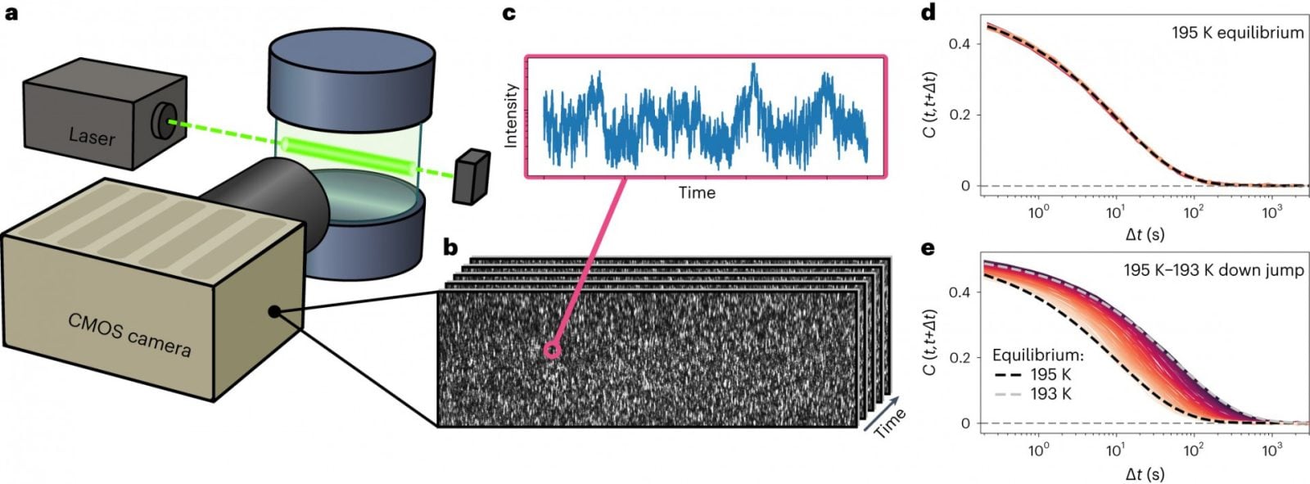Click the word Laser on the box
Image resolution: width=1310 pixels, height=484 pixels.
[x=92, y=136]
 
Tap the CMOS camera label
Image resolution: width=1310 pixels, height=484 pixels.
[x=129, y=333]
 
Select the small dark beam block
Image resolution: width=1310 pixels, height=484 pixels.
[x=472, y=176]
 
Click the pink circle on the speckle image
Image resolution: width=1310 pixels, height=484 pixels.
[x=553, y=351]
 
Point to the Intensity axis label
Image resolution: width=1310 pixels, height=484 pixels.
[x=511, y=115]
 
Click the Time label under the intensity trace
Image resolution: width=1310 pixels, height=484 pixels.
[x=697, y=193]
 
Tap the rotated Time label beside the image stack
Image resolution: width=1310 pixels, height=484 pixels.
[x=889, y=423]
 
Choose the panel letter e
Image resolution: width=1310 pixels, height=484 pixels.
[x=928, y=247]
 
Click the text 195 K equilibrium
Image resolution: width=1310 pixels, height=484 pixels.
[x=1236, y=33]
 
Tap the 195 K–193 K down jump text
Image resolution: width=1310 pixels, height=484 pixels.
[x=1213, y=269]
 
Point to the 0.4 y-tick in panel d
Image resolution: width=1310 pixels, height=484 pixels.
[x=960, y=43]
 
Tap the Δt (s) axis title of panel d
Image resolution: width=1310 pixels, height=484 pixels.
[x=1145, y=234]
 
